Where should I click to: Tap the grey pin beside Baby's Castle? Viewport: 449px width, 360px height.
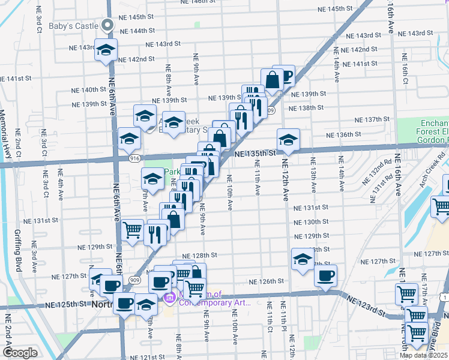pos(108,25)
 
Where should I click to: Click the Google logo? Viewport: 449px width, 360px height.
pos(20,353)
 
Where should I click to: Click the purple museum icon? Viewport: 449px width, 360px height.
pos(169,297)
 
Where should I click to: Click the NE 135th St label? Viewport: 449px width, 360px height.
pos(255,153)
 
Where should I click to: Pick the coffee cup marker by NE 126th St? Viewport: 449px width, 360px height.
pos(325,275)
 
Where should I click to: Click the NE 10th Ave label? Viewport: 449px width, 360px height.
pos(230,192)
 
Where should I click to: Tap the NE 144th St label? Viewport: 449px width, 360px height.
pos(137,30)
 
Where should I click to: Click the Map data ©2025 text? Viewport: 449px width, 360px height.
pos(423,355)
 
